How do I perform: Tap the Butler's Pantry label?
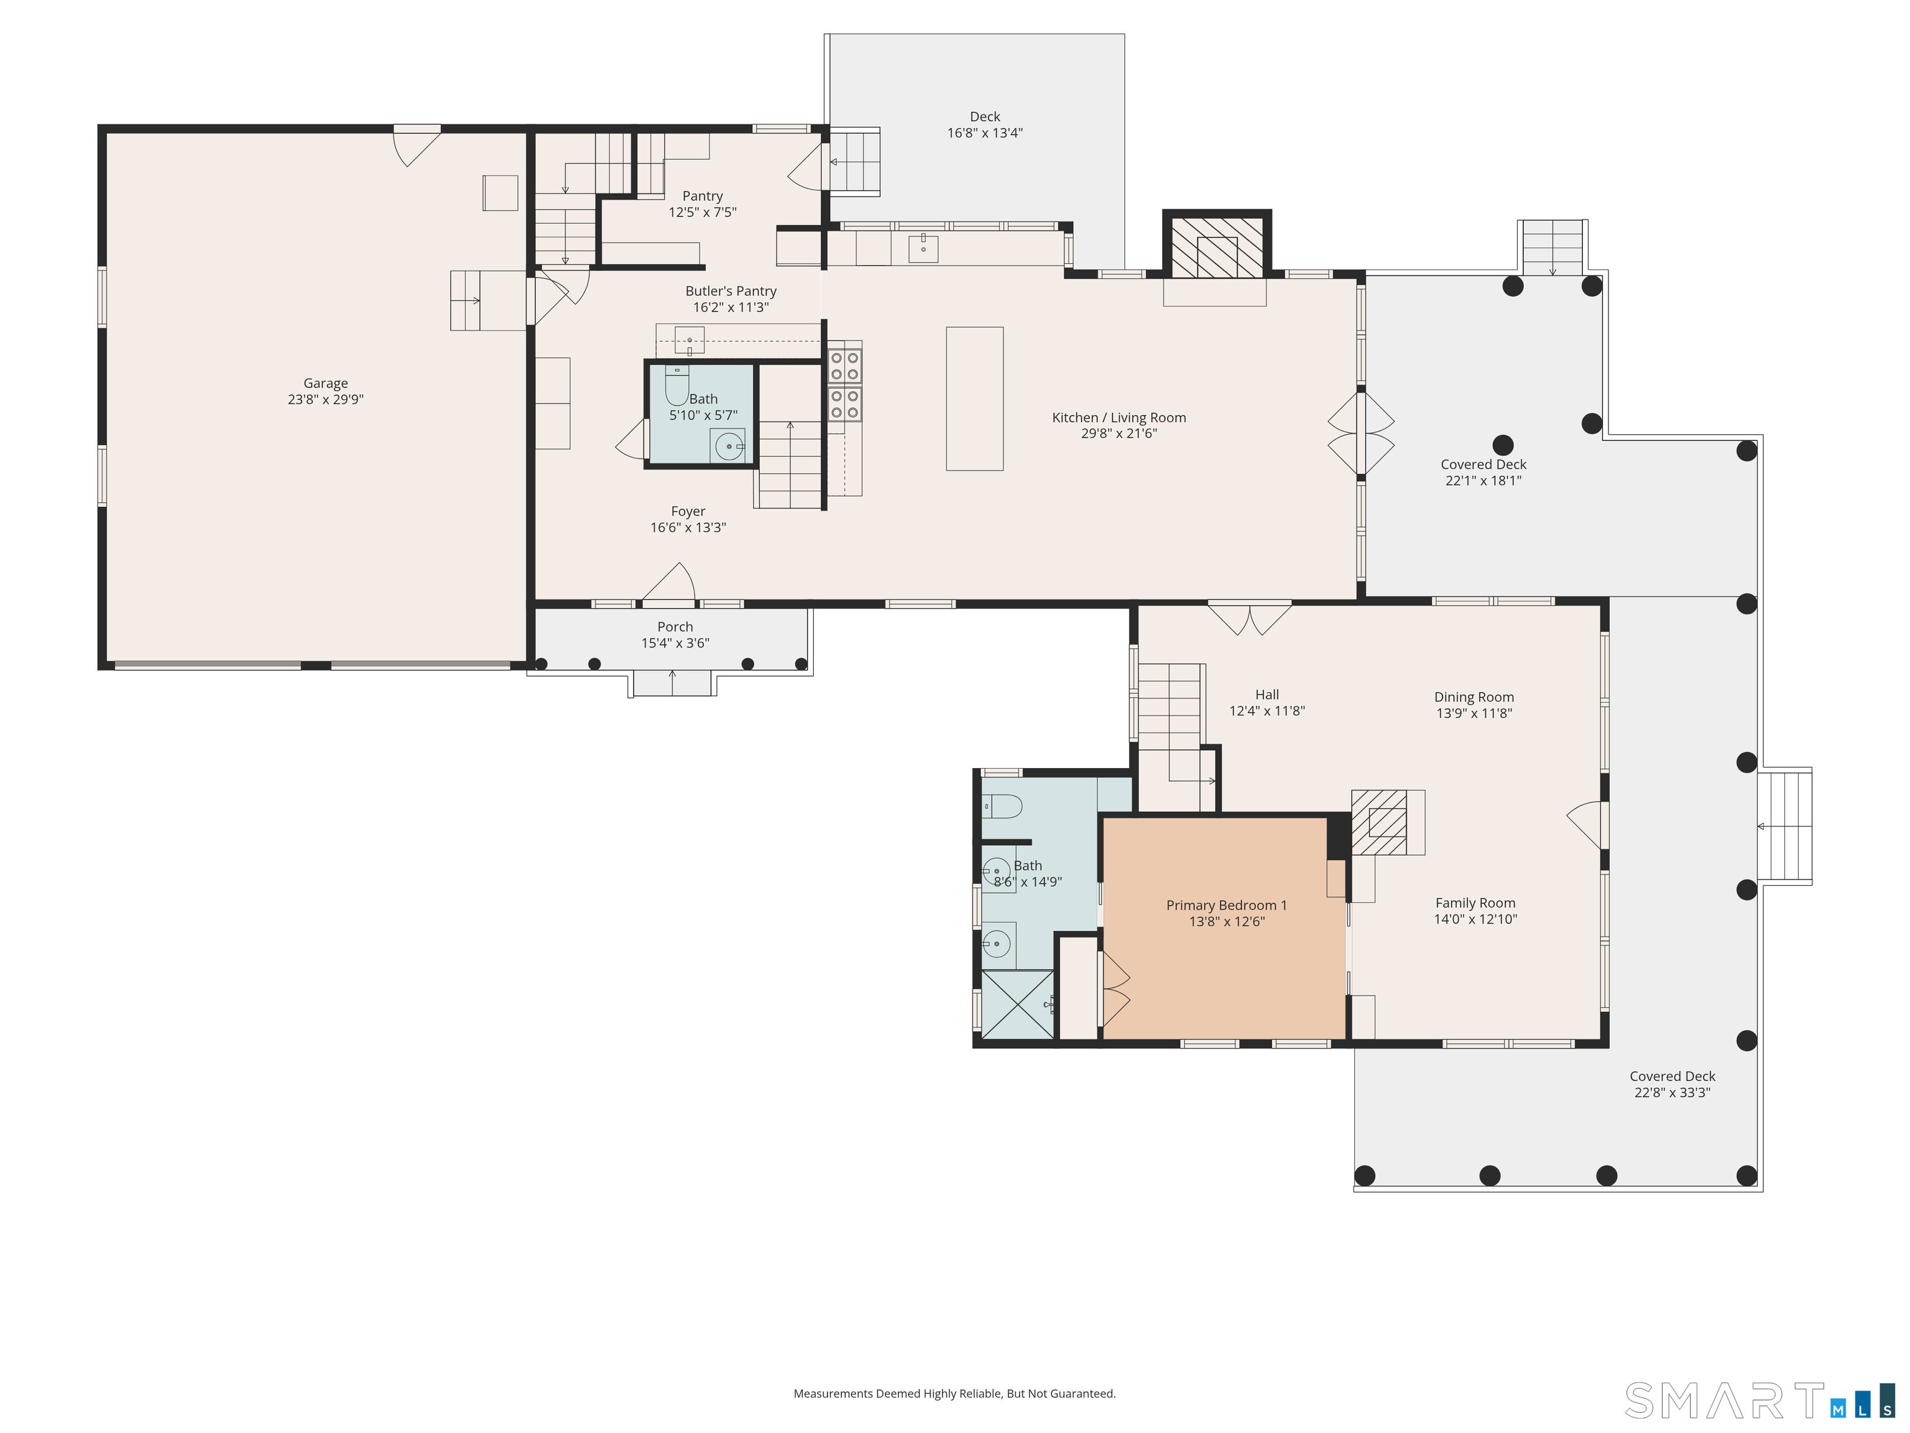(x=731, y=291)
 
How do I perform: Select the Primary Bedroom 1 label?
(x=1226, y=905)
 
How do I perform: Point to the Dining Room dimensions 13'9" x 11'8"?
(x=1474, y=713)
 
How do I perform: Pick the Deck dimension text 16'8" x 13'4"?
(x=984, y=133)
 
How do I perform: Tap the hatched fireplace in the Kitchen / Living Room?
(x=1217, y=246)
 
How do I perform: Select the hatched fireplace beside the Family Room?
(x=1379, y=822)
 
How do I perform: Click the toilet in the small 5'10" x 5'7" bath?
(x=676, y=385)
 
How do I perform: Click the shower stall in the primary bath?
(x=1018, y=1004)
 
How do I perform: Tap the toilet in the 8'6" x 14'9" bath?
(x=1002, y=807)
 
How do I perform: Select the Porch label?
(x=675, y=627)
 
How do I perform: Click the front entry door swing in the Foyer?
(x=669, y=582)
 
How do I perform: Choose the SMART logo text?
(x=1723, y=1401)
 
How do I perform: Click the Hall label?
(x=1266, y=695)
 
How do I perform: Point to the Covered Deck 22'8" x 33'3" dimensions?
(x=1672, y=1093)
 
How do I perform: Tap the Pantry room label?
(x=702, y=196)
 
